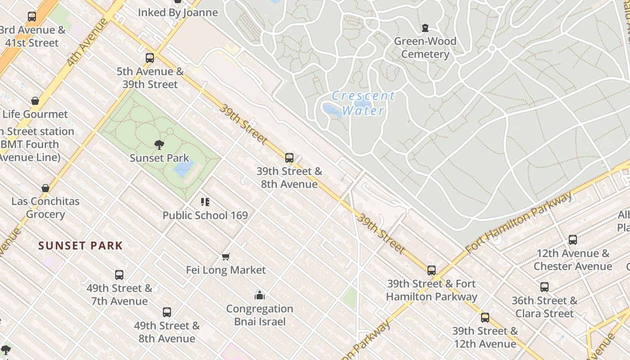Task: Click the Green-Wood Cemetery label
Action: [425, 48]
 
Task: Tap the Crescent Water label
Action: [363, 103]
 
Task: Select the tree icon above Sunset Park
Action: [159, 144]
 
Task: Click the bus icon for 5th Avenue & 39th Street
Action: [150, 58]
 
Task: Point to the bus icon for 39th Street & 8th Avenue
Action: [289, 158]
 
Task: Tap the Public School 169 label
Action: [205, 216]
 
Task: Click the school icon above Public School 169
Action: [205, 202]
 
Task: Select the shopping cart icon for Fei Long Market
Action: [226, 256]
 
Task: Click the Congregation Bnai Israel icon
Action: [260, 295]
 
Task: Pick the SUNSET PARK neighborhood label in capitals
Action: [81, 246]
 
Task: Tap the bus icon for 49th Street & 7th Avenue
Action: [119, 274]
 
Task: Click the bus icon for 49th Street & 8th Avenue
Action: [167, 312]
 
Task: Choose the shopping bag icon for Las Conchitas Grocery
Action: [45, 188]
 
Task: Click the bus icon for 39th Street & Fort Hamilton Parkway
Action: [432, 270]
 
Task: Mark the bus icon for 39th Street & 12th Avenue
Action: [485, 317]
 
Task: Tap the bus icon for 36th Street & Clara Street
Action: [544, 287]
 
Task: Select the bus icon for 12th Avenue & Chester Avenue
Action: [573, 239]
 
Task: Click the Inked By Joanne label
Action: [178, 13]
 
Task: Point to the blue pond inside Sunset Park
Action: [184, 168]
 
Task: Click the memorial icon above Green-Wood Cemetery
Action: [425, 28]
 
